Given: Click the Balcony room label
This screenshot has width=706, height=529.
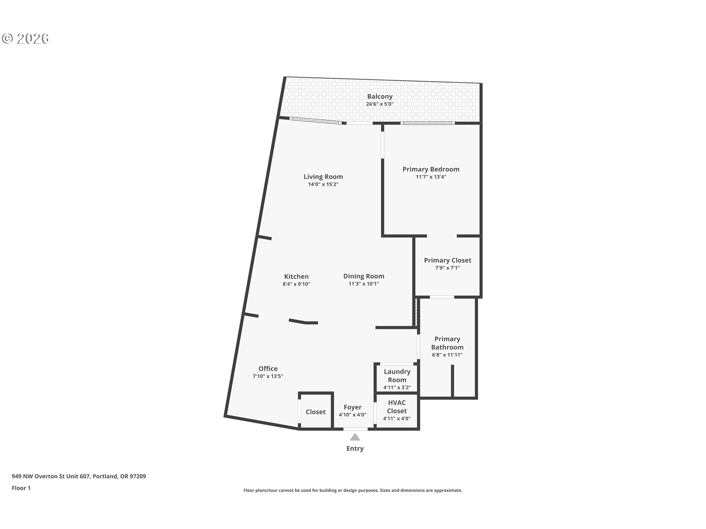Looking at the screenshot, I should (379, 97).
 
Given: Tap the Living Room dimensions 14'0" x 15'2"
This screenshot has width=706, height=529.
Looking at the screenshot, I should (323, 184).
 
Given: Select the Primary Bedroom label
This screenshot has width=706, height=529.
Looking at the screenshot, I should (431, 169).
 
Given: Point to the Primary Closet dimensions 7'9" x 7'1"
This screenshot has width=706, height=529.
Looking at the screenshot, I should (447, 268).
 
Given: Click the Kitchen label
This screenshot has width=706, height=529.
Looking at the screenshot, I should (296, 277).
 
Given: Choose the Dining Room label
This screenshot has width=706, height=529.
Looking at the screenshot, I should (363, 276).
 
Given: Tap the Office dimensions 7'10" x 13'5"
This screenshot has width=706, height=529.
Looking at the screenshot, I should (268, 376).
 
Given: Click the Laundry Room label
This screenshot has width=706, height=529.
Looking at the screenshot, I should (397, 376).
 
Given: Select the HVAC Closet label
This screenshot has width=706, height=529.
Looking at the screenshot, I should (397, 407).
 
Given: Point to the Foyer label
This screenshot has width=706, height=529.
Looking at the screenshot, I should (352, 407).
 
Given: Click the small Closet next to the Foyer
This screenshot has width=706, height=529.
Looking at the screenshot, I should (315, 412).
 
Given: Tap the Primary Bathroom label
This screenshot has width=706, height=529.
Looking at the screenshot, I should (447, 343).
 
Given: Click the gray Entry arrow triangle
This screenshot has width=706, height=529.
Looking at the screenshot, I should (354, 437).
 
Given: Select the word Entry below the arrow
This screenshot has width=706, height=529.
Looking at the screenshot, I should (354, 449).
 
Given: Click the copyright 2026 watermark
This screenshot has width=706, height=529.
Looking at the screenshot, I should (25, 39).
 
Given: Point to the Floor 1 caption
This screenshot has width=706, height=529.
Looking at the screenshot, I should (21, 488).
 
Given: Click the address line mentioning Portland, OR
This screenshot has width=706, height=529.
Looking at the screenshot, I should (79, 476).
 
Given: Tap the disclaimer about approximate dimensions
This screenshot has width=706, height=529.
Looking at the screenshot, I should (353, 490).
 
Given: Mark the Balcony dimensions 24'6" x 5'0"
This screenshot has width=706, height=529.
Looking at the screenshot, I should (379, 104).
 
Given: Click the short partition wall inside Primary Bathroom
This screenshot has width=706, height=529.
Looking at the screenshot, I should (452, 381).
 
